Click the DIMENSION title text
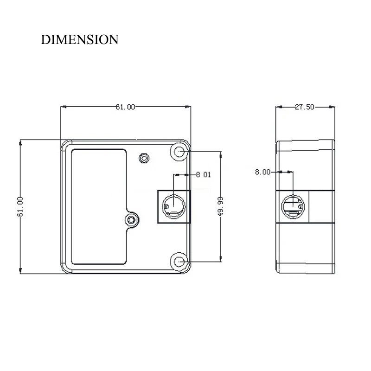pyautogui.click(x=79, y=39)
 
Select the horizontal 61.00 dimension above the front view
pyautogui.click(x=125, y=107)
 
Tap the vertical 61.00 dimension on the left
pyautogui.click(x=20, y=206)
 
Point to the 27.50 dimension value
pyautogui.click(x=305, y=107)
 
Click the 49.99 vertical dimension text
pyautogui.click(x=221, y=206)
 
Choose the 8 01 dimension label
pyautogui.click(x=204, y=175)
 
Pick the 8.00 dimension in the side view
pyautogui.click(x=262, y=172)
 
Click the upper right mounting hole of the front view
pyautogui.click(x=179, y=152)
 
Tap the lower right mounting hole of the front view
pyautogui.click(x=179, y=262)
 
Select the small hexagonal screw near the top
pyautogui.click(x=144, y=158)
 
